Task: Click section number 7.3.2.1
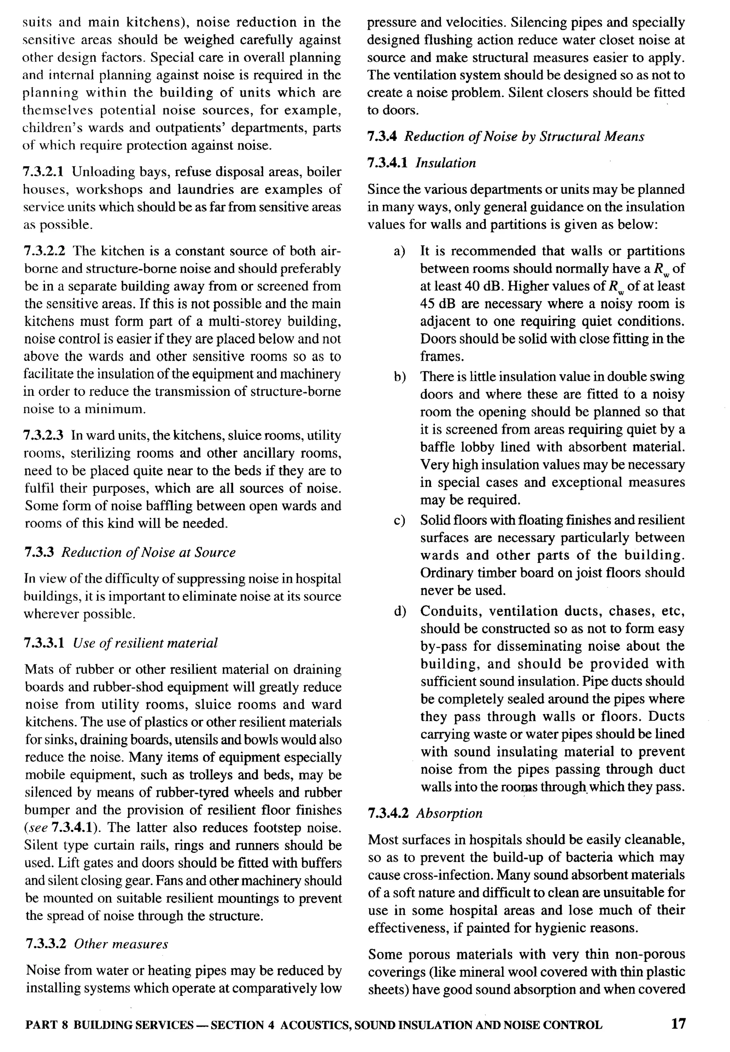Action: (43, 172)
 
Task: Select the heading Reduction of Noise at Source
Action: (148, 552)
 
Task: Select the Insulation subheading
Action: (446, 163)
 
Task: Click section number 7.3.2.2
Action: (44, 252)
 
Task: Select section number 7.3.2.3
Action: (44, 435)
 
